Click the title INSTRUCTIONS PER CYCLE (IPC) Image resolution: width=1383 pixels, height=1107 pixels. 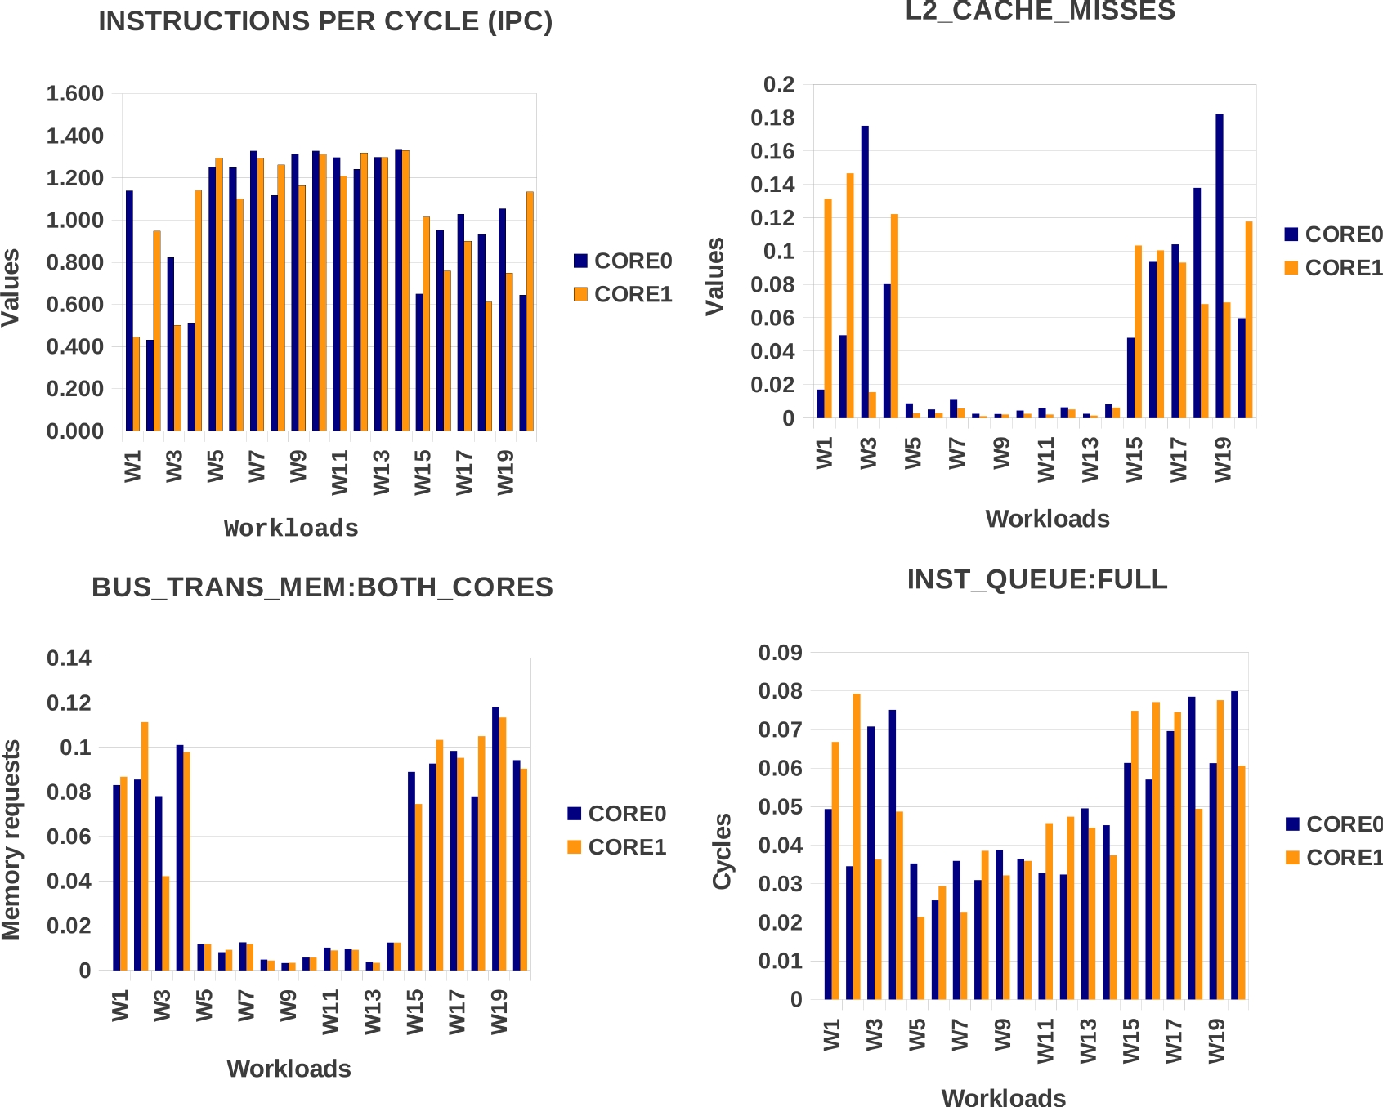coord(325,21)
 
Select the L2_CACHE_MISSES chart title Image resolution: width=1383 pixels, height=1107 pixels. coord(1040,11)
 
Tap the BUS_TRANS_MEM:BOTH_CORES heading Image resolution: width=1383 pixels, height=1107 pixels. coord(322,587)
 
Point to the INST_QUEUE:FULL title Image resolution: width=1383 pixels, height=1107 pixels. coord(1036,579)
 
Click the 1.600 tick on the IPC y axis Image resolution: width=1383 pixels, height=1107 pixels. coord(75,94)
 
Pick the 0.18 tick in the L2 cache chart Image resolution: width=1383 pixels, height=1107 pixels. coord(772,118)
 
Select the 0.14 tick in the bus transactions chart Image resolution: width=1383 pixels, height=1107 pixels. coord(69,658)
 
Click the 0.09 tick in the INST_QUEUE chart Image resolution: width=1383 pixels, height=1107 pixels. coord(780,653)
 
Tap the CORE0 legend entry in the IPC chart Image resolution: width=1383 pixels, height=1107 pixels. coord(623,261)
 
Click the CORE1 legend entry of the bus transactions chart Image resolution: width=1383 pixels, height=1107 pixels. coord(617,847)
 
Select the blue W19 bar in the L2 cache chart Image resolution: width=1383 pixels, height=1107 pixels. coord(1220,266)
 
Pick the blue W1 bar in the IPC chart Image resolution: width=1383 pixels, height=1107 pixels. coord(129,310)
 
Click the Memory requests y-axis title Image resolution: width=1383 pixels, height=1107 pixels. coord(11,840)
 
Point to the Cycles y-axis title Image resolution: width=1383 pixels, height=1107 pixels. coord(723,851)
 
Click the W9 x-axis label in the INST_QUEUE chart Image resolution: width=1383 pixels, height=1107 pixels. coord(1003,1035)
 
